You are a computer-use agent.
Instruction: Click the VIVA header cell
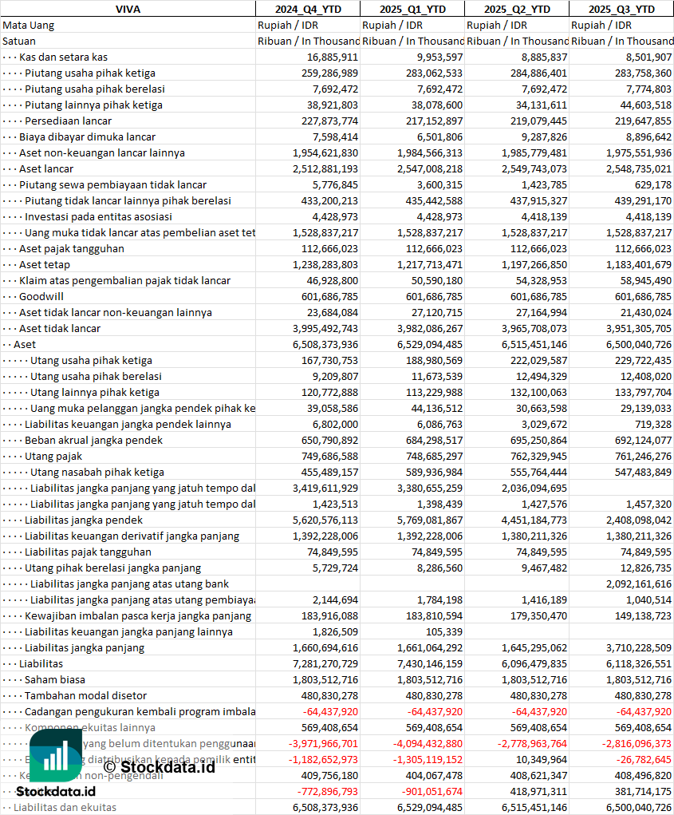click(x=128, y=9)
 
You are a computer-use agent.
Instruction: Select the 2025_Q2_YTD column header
click(x=517, y=9)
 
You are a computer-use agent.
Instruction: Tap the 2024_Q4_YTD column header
click(x=307, y=9)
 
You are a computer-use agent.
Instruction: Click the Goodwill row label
click(x=41, y=296)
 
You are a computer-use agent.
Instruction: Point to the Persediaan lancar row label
click(x=68, y=121)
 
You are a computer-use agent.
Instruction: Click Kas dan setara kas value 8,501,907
click(x=643, y=57)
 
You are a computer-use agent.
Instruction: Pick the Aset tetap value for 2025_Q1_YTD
click(x=429, y=264)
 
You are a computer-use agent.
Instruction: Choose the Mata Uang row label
click(x=29, y=25)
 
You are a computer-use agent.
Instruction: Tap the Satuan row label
click(x=19, y=41)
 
